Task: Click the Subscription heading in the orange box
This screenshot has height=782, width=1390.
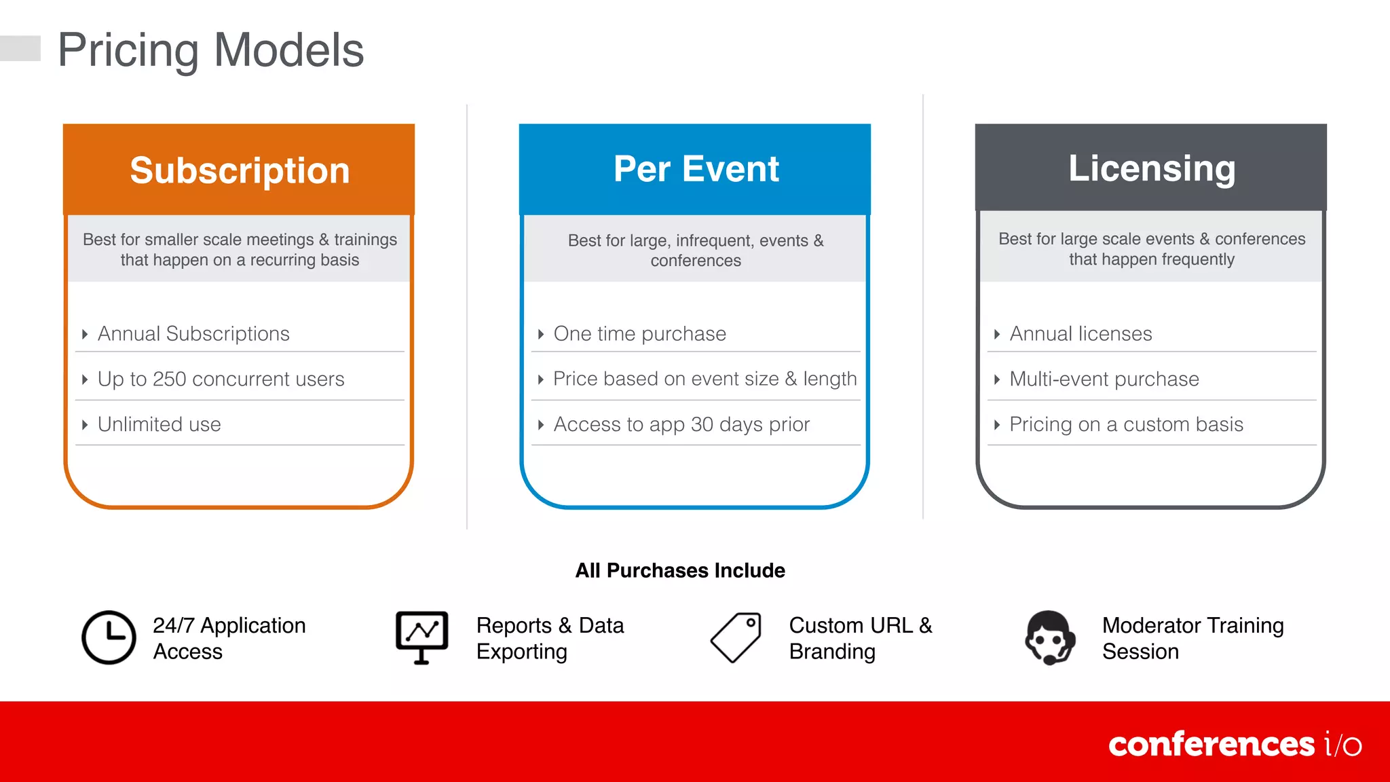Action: click(240, 170)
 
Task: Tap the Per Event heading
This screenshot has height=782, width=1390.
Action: click(696, 169)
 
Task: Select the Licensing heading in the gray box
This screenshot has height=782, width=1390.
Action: click(1152, 168)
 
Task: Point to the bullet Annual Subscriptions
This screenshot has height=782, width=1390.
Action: click(193, 333)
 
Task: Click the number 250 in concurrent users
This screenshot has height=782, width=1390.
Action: click(169, 379)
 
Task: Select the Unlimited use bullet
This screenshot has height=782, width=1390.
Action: click(159, 424)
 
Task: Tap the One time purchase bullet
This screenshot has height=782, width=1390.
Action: click(639, 333)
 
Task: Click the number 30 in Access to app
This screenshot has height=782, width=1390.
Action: click(702, 424)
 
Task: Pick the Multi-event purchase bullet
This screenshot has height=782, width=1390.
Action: click(1104, 379)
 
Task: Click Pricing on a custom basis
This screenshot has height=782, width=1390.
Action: click(1126, 424)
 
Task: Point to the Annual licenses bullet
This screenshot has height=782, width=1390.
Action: click(1081, 333)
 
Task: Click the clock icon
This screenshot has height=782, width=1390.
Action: click(109, 637)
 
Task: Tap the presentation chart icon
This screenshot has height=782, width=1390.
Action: click(421, 637)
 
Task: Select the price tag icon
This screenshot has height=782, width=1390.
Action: click(736, 637)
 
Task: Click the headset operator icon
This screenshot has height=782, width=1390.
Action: click(1049, 637)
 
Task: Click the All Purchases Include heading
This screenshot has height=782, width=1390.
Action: click(680, 570)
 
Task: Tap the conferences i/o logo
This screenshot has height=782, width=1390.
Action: click(1235, 744)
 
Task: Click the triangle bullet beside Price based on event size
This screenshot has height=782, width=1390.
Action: click(540, 379)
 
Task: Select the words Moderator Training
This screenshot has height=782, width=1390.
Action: click(1192, 625)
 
